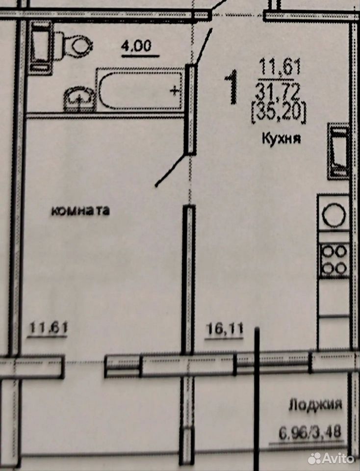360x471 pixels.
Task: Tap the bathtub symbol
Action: pos(140,89)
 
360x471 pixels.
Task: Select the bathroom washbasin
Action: pos(79,99)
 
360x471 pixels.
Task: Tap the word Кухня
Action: pos(282,138)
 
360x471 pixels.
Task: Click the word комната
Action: pos(80,210)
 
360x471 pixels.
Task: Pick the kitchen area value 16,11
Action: pos(224,329)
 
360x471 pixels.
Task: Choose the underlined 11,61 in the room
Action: pos(48,328)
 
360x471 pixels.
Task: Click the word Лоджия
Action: pos(315,404)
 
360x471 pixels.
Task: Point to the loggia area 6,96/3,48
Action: pos(310,432)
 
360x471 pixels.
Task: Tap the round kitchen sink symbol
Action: pos(334,214)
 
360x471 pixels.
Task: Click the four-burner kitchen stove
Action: pos(334,260)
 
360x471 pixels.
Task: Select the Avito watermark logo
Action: pos(331,458)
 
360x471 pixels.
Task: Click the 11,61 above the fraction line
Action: pos(280,67)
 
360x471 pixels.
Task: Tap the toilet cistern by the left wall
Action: pos(41,48)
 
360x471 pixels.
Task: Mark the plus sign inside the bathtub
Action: pos(175,90)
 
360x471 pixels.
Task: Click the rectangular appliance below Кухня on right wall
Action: pos(338,151)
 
